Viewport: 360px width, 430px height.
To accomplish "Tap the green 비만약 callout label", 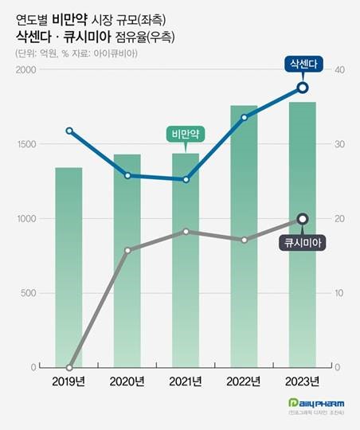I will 186,133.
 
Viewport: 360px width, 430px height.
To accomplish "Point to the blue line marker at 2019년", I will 69,131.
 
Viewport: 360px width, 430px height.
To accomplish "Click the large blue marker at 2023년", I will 302,88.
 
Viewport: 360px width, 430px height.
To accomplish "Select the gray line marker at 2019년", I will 69,368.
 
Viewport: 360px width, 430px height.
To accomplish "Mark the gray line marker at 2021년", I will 186,232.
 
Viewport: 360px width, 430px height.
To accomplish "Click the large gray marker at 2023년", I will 302,219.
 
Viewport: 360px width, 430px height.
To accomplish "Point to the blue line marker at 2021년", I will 186,179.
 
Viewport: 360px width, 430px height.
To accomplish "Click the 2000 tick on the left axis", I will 27,70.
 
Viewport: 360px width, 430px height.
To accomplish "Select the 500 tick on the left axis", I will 30,293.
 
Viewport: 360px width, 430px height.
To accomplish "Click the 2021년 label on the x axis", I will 186,381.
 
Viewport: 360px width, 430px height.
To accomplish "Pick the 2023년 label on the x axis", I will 302,381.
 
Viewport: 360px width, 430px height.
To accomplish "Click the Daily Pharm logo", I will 316,403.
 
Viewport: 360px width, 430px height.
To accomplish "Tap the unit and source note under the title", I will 76,53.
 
